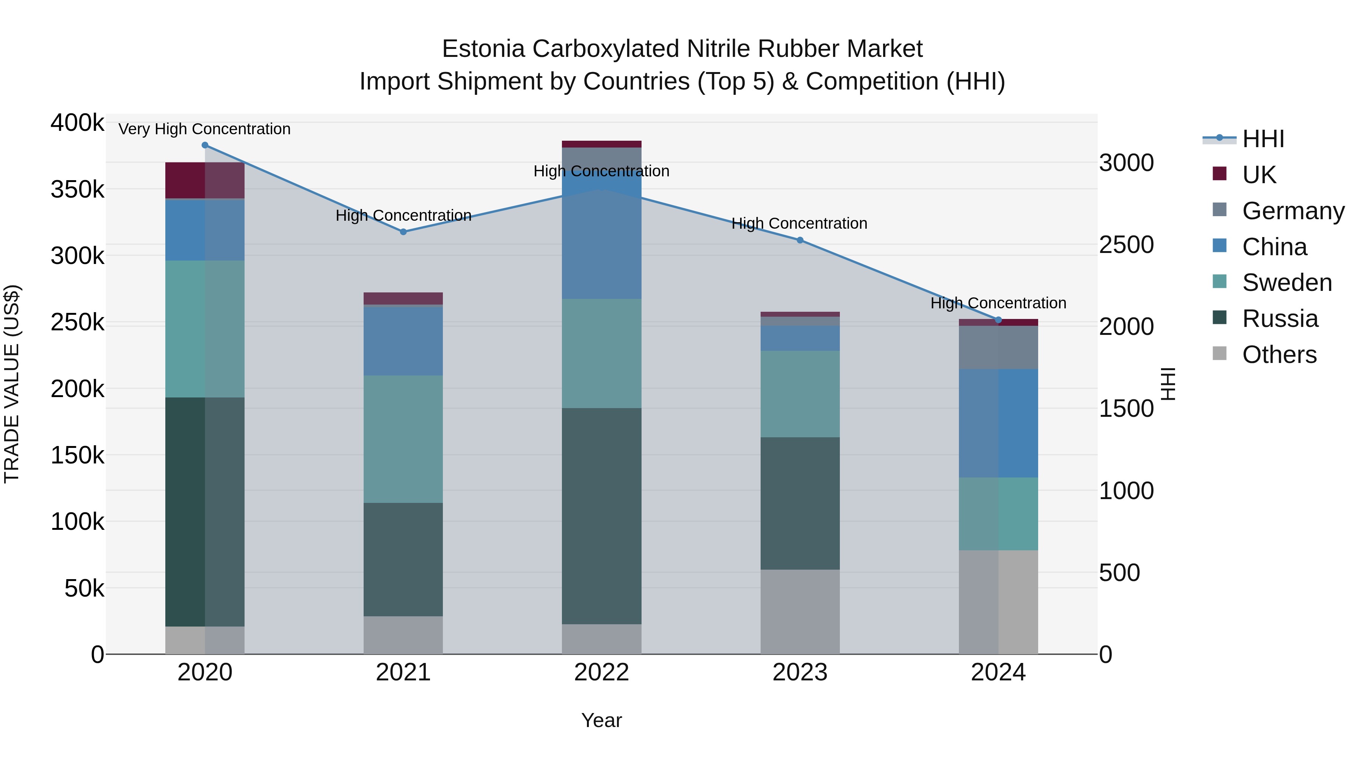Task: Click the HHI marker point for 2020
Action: (x=205, y=145)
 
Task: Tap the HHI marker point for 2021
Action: (x=403, y=232)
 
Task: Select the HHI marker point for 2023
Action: (x=800, y=240)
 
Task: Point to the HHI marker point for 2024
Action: (x=998, y=320)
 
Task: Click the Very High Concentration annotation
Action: (x=204, y=129)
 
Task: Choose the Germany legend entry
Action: (x=1293, y=211)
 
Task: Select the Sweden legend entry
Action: (x=1287, y=283)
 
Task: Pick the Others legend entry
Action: (x=1279, y=355)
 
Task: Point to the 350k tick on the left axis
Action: (x=77, y=189)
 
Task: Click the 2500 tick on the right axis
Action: (x=1126, y=245)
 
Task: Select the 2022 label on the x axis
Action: (x=601, y=672)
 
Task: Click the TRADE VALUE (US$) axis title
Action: (x=12, y=384)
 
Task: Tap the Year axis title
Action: (x=601, y=720)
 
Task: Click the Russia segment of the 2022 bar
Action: (x=601, y=516)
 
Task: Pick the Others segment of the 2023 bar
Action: (x=800, y=612)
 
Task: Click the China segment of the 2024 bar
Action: (x=998, y=423)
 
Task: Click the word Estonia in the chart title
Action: (x=483, y=49)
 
